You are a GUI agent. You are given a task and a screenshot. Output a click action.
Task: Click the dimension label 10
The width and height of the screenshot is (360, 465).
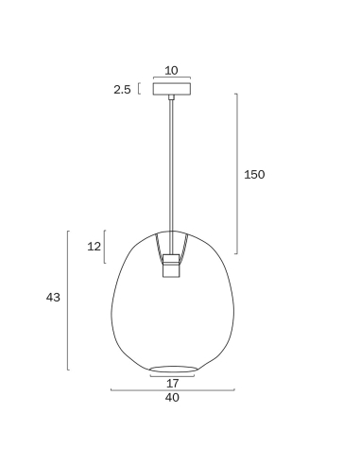171,70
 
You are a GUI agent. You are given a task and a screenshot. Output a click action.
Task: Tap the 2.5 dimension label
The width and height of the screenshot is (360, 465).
122,90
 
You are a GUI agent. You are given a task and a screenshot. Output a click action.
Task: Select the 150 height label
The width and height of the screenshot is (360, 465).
254,175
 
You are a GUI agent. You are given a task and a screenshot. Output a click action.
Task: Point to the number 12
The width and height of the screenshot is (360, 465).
94,247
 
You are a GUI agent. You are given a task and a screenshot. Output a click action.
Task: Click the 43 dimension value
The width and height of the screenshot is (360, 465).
53,298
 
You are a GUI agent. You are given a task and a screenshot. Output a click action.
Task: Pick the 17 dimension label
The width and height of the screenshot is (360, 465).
172,384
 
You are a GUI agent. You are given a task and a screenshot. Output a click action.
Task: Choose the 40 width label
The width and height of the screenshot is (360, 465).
172,398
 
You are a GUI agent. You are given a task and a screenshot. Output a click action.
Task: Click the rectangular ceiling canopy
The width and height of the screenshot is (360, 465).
172,89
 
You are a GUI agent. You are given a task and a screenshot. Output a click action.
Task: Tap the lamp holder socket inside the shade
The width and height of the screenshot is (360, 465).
171,266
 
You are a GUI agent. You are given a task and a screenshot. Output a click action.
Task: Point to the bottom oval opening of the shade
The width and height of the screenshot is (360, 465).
173,369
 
